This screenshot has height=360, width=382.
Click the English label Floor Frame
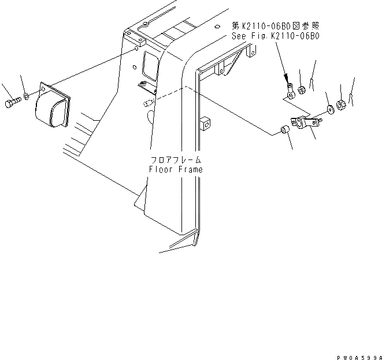click(x=175, y=170)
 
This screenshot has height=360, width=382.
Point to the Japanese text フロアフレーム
click(x=175, y=160)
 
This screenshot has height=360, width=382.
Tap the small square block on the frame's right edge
click(x=205, y=124)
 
